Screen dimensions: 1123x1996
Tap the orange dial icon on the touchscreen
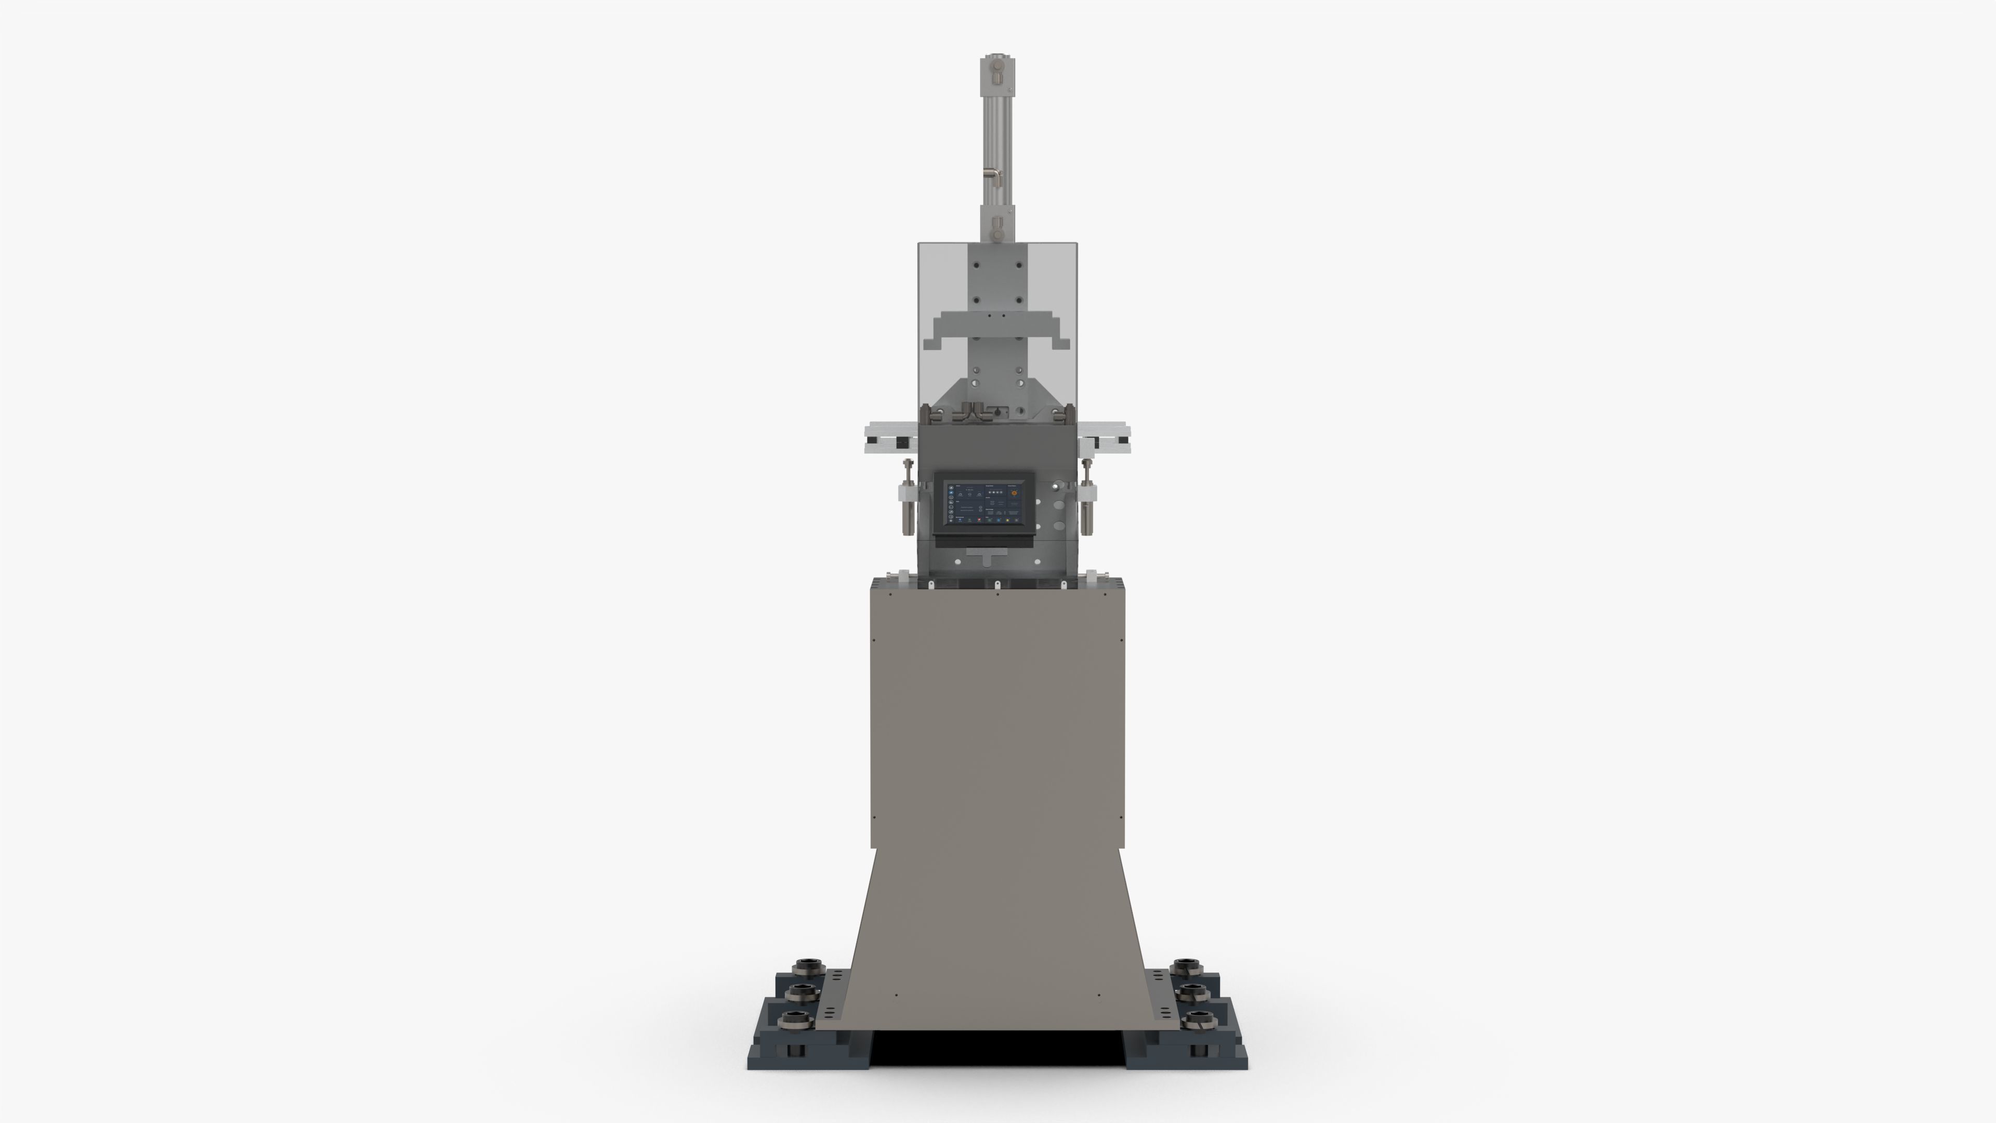1014,491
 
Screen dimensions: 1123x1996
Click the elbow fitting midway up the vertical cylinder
992,174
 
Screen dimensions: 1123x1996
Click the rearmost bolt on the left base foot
807,965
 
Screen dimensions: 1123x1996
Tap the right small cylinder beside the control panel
1088,504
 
